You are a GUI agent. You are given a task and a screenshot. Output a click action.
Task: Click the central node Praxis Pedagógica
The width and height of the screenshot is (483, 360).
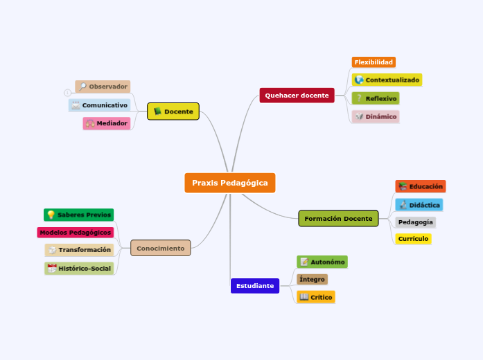point(229,183)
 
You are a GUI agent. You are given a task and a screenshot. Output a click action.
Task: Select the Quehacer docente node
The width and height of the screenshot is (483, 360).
point(297,96)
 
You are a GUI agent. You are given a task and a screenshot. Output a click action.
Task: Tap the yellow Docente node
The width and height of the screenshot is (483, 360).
point(173,111)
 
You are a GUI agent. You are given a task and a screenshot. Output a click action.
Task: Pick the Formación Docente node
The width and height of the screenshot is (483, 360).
point(338,219)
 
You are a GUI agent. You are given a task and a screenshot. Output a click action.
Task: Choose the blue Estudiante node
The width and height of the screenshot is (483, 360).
point(254,286)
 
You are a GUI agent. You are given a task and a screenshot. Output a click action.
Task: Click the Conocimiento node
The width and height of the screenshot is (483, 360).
point(160,248)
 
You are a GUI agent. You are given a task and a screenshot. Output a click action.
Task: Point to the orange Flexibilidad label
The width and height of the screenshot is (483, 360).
point(374,62)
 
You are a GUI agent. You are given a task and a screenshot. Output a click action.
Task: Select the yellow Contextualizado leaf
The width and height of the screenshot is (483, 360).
point(387,80)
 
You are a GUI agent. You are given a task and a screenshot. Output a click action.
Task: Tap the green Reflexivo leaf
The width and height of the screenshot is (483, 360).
point(376,99)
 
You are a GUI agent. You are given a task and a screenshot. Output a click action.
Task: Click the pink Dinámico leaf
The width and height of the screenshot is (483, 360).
point(375,117)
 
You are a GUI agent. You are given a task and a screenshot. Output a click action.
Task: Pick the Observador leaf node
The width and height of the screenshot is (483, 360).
point(103,87)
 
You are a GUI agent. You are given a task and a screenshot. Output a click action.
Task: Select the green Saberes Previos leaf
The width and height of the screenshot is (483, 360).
point(78,215)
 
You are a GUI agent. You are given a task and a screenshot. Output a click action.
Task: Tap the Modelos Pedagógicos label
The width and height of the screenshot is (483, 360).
point(75,233)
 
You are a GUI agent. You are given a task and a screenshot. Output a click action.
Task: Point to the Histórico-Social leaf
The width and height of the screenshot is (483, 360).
point(79,269)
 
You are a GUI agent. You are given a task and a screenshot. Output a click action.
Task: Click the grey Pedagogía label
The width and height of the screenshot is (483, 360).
point(415,222)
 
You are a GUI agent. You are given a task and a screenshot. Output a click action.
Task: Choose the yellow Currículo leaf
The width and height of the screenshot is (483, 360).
point(413,239)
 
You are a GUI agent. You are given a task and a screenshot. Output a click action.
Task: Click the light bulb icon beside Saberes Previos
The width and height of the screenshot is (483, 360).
point(51,215)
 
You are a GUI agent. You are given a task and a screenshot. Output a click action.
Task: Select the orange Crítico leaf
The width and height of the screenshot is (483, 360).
point(316,297)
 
